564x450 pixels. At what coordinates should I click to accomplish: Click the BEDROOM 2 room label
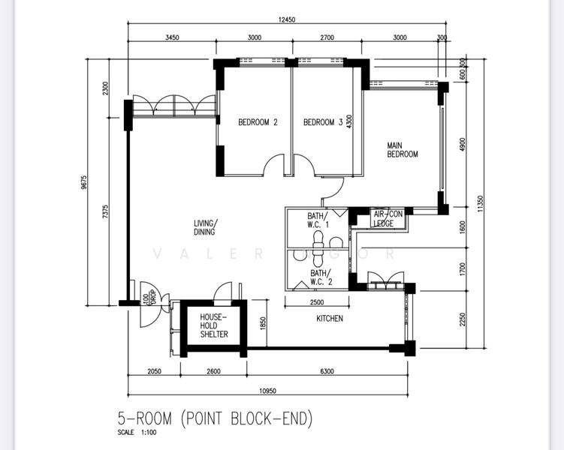[x=258, y=122]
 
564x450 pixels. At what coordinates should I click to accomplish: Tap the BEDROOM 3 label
[x=323, y=122]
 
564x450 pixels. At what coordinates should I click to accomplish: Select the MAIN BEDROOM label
[x=403, y=150]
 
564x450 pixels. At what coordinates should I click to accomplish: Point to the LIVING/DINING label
[x=204, y=228]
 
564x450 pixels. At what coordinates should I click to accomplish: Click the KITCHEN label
[x=329, y=319]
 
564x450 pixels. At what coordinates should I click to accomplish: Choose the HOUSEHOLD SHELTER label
[x=214, y=325]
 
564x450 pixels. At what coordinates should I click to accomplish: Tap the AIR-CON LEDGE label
[x=388, y=218]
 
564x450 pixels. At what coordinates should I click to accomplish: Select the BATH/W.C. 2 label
[x=321, y=277]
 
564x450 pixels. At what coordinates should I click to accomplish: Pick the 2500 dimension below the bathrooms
[x=317, y=304]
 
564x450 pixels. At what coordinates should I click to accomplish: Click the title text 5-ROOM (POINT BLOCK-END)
[x=215, y=418]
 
